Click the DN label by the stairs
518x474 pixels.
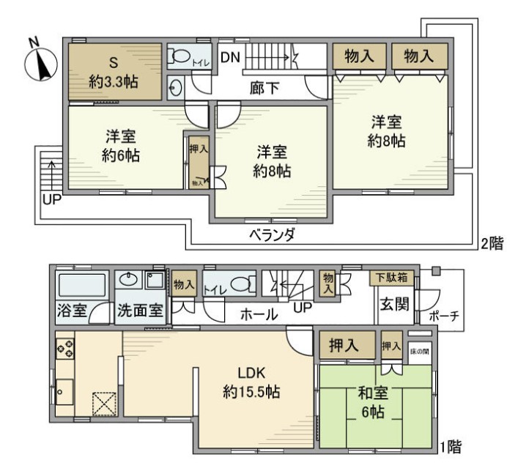(x=229, y=56)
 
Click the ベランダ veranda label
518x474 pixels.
(x=270, y=235)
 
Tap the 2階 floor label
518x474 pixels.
(x=492, y=243)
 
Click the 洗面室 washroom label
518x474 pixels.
(x=140, y=311)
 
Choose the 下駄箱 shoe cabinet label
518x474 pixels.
(x=392, y=277)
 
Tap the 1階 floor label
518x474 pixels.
(x=450, y=445)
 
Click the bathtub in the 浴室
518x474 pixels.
(x=82, y=286)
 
